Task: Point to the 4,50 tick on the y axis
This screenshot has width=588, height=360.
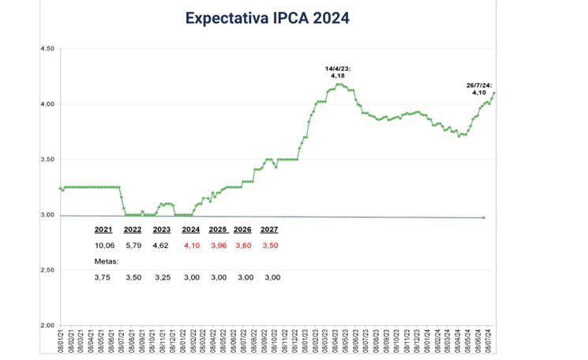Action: (47, 49)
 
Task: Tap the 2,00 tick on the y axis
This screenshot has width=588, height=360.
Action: (47, 325)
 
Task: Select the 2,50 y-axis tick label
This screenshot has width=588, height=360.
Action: (47, 270)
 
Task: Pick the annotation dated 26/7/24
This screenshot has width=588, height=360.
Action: (479, 88)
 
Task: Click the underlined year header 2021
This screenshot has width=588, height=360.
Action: (103, 231)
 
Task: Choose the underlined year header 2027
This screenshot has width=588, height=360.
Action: (270, 231)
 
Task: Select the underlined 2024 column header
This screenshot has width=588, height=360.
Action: (191, 231)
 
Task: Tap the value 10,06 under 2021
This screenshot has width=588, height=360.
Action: (104, 246)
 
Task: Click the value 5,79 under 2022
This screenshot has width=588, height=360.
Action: (131, 246)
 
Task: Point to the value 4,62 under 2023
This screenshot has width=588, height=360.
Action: (161, 246)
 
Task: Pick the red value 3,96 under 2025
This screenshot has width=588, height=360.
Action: (219, 246)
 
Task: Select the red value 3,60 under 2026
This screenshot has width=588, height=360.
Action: (243, 246)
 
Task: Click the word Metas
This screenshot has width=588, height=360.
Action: (107, 261)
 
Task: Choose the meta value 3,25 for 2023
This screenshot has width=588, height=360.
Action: (161, 277)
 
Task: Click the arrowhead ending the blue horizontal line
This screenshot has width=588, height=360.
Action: (483, 217)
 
